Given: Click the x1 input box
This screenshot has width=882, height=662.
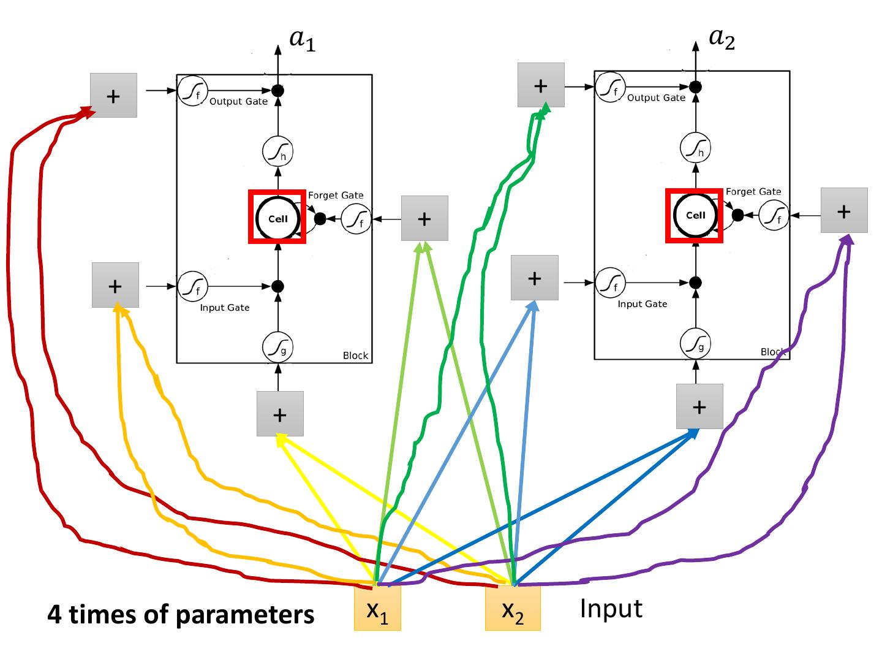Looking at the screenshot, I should [x=377, y=608].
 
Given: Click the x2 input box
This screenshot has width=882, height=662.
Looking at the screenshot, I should [x=513, y=608].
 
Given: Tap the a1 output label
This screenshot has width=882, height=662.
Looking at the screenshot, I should [x=302, y=40].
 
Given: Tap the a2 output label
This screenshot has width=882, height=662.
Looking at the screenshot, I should [x=722, y=38].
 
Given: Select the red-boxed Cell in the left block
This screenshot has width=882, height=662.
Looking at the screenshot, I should [x=277, y=217].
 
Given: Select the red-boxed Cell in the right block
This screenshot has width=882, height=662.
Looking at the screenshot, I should [x=695, y=215].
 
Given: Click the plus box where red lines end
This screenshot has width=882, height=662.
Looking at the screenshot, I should [x=113, y=96].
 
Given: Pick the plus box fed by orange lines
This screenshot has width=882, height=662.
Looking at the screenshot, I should [x=115, y=285].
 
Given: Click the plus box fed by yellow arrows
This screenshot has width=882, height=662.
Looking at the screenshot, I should [x=280, y=414].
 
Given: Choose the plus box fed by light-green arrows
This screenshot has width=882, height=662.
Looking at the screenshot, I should [x=424, y=218].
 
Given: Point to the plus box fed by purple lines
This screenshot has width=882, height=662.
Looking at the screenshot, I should [x=844, y=210].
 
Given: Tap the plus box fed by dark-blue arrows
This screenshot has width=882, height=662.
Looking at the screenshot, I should [x=699, y=406].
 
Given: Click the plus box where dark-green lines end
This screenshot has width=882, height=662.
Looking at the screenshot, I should [x=541, y=85].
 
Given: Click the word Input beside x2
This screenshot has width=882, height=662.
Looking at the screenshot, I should [x=611, y=609].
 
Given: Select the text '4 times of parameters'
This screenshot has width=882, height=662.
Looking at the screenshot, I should [x=181, y=614].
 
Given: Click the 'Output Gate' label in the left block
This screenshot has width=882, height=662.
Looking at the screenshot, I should [x=238, y=102].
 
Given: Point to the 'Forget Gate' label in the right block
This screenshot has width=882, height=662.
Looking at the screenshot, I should [x=753, y=192].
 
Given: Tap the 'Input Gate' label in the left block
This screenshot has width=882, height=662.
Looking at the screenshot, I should [x=225, y=308].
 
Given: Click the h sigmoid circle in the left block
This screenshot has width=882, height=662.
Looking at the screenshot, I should [x=278, y=151].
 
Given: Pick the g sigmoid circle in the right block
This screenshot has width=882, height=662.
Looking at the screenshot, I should [x=696, y=344].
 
